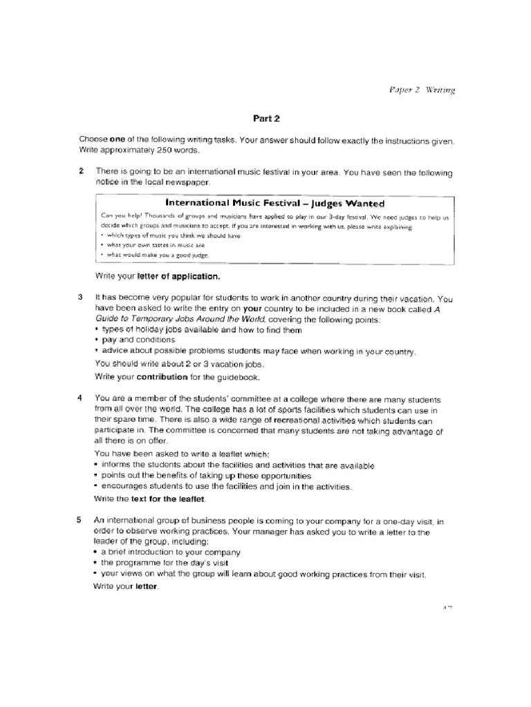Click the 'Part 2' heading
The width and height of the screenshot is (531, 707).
pyautogui.click(x=265, y=118)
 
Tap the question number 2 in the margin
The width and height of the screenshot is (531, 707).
pyautogui.click(x=82, y=171)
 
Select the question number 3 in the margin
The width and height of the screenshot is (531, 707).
pyautogui.click(x=82, y=298)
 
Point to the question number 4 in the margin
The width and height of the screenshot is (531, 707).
pyautogui.click(x=82, y=399)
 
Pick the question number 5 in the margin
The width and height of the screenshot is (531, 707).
pyautogui.click(x=82, y=520)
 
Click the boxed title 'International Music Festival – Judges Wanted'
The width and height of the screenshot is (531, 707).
pyautogui.click(x=275, y=204)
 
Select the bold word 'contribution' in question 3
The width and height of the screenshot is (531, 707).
pyautogui.click(x=162, y=378)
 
